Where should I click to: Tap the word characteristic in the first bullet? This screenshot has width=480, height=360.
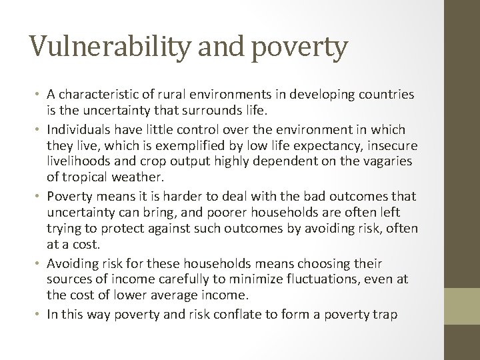click(x=99, y=95)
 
